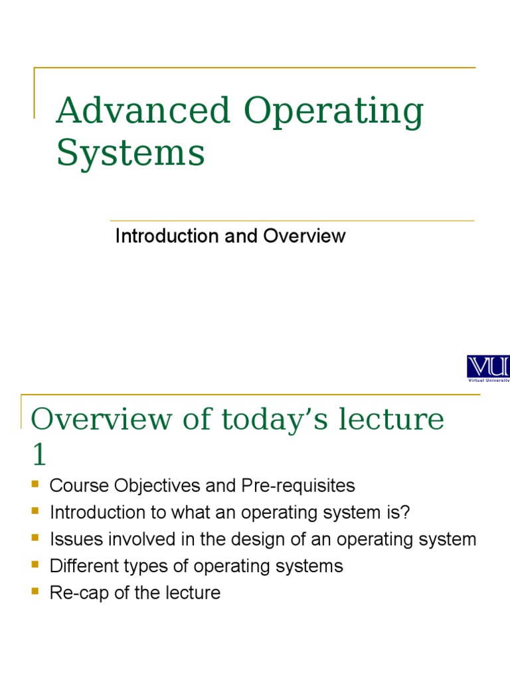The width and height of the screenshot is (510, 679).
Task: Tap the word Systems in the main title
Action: point(131,153)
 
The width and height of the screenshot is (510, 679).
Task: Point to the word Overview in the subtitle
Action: point(305,236)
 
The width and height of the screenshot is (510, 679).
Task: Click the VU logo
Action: point(488,368)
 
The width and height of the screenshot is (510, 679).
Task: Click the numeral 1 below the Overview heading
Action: point(40,456)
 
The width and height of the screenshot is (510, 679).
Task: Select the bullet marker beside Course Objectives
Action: point(36,485)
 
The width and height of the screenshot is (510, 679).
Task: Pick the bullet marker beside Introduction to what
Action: point(36,511)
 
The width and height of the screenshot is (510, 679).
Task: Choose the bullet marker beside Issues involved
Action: point(36,538)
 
